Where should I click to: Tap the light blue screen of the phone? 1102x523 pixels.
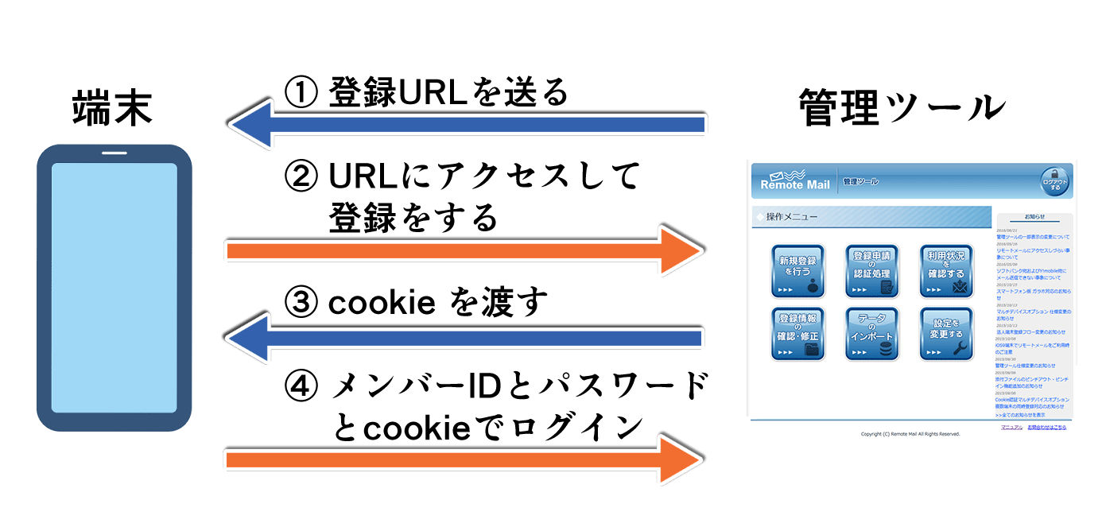point(114,288)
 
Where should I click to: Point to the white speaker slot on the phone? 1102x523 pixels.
point(114,153)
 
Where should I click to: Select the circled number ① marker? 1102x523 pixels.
point(301,92)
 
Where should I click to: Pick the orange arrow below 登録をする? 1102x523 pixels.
point(465,251)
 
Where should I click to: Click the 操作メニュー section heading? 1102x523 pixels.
point(791,217)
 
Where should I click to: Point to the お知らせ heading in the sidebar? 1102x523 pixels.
point(1034,216)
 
